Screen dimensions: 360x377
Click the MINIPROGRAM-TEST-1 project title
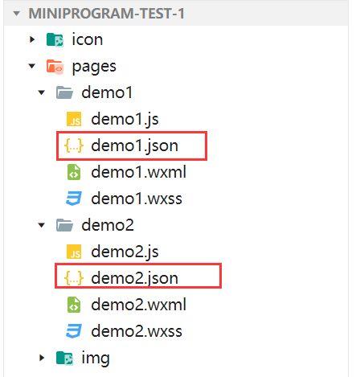click(x=106, y=14)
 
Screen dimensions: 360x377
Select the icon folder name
click(x=88, y=39)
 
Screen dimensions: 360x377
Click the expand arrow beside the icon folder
click(x=32, y=39)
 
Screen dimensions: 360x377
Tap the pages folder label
click(x=94, y=67)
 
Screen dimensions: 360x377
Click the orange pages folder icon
click(x=55, y=67)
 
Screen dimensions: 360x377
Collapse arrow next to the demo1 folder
click(x=42, y=92)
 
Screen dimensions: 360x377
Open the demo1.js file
click(x=125, y=119)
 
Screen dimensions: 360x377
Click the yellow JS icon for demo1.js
click(x=74, y=119)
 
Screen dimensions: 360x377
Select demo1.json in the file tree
click(x=134, y=145)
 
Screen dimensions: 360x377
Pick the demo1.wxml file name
click(x=138, y=172)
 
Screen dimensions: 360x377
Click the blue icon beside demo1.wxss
click(x=74, y=199)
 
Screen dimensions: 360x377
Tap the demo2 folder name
click(x=108, y=225)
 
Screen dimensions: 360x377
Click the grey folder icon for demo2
click(x=64, y=225)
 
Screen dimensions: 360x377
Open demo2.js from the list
click(x=125, y=252)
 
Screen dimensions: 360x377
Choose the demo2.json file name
click(x=134, y=278)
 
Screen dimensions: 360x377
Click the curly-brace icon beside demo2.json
click(x=74, y=278)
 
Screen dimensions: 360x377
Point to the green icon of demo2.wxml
click(x=74, y=305)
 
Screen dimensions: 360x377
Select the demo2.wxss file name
click(x=137, y=331)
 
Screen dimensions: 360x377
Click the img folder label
click(x=96, y=358)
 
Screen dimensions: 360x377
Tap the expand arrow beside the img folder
click(x=42, y=358)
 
